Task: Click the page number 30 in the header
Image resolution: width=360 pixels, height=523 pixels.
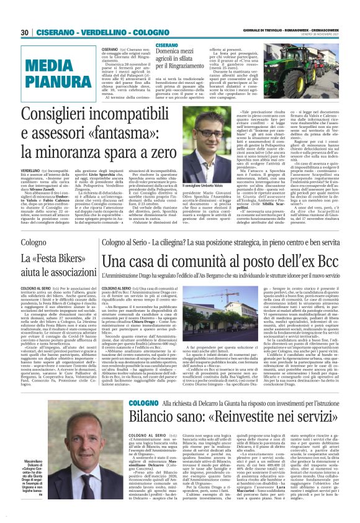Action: click(x=25, y=32)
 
